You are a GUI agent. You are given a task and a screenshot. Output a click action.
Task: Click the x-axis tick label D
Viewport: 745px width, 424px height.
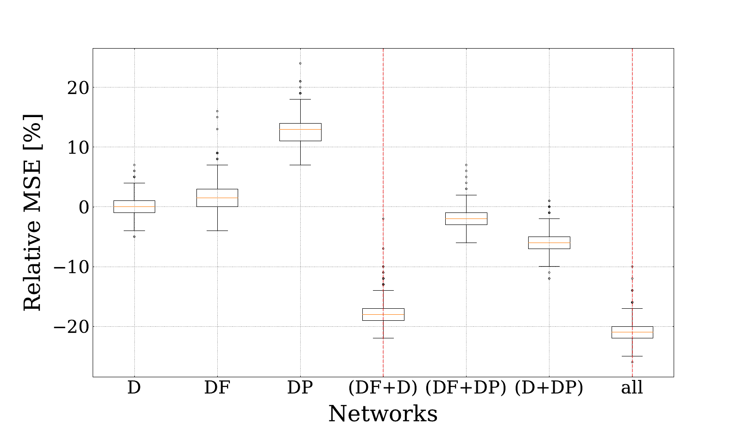click(134, 387)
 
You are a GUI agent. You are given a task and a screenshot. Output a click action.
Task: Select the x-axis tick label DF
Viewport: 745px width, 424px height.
click(217, 387)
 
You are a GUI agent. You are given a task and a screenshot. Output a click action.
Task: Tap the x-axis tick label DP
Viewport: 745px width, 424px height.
click(300, 387)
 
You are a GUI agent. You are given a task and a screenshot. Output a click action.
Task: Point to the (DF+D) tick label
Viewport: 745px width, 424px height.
click(383, 387)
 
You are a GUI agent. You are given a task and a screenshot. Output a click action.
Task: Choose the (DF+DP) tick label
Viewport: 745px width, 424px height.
click(466, 387)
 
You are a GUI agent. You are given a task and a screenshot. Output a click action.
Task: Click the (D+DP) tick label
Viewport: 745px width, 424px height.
click(549, 387)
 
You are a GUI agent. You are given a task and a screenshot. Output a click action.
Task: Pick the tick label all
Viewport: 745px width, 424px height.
click(632, 387)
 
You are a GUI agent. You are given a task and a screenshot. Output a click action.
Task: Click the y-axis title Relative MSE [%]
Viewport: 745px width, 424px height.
click(32, 212)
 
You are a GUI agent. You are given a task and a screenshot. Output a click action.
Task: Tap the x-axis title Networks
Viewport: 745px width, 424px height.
click(383, 413)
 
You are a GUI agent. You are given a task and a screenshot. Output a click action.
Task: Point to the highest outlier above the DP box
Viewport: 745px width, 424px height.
click(300, 63)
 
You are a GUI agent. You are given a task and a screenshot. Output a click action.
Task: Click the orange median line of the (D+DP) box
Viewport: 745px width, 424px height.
click(549, 243)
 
